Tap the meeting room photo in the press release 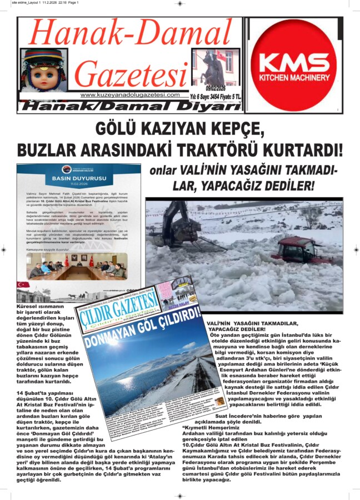pyautogui.click(x=78, y=266)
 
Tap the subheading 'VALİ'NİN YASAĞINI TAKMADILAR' pyautogui.click(x=261, y=323)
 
